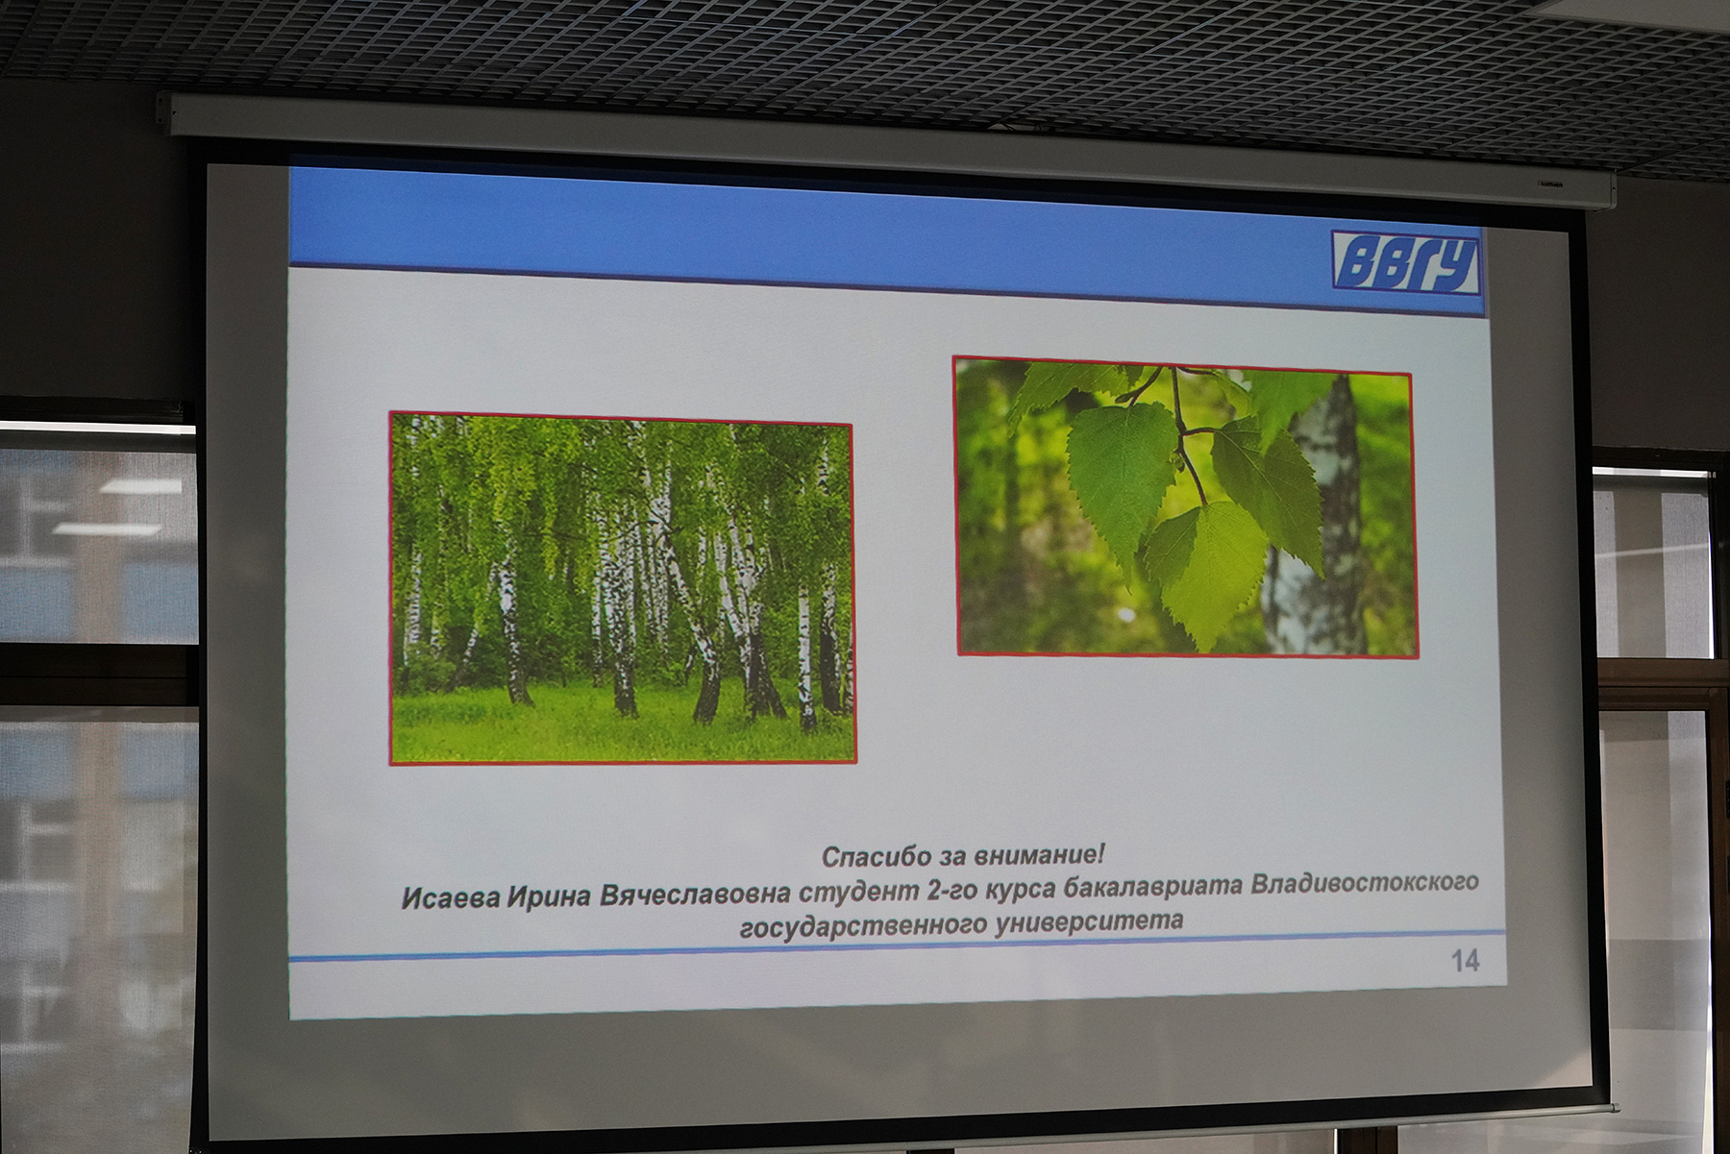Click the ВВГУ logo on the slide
click(1406, 261)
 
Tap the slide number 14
click(1465, 960)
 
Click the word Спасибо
click(870, 856)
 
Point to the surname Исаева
click(451, 897)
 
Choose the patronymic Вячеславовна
click(695, 894)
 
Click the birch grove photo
click(622, 588)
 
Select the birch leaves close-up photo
click(1185, 507)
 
